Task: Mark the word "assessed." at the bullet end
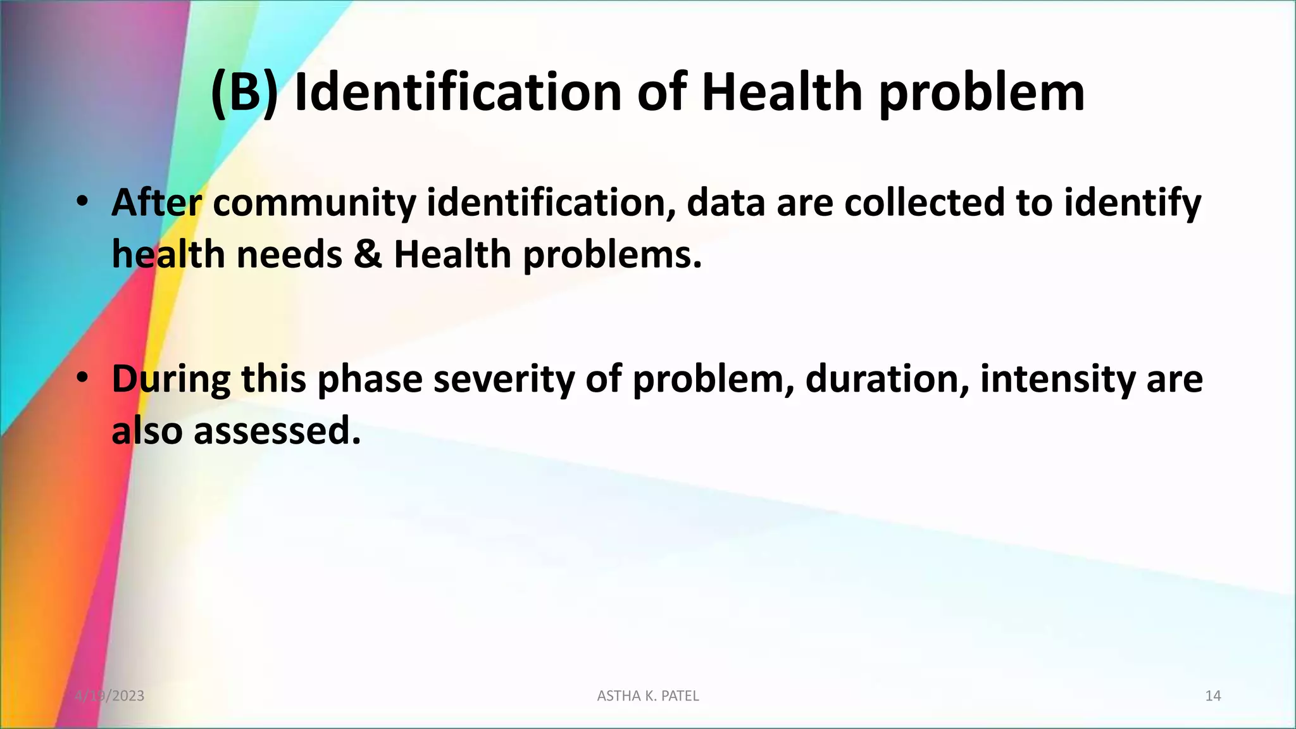point(277,431)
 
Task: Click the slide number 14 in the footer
point(1212,696)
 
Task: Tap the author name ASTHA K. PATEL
point(648,696)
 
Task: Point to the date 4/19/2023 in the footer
point(109,696)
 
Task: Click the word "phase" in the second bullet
point(370,380)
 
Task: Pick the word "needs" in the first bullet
point(289,254)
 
